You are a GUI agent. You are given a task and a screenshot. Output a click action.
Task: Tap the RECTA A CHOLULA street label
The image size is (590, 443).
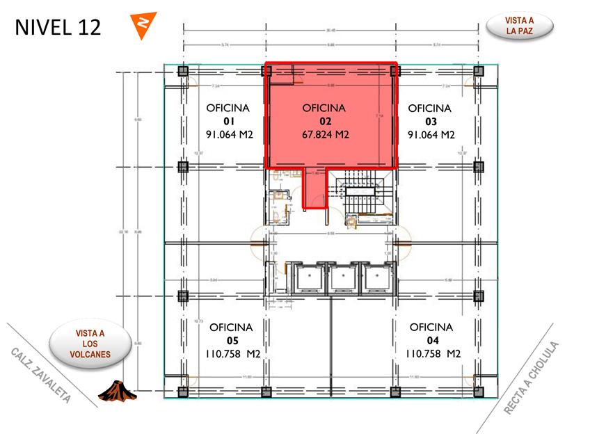(x=532, y=378)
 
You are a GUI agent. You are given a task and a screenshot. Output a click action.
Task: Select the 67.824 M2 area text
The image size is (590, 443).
(x=325, y=135)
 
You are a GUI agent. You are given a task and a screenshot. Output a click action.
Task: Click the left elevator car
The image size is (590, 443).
(x=307, y=278)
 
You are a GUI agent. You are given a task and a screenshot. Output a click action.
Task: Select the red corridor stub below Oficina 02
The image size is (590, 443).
(x=314, y=188)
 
